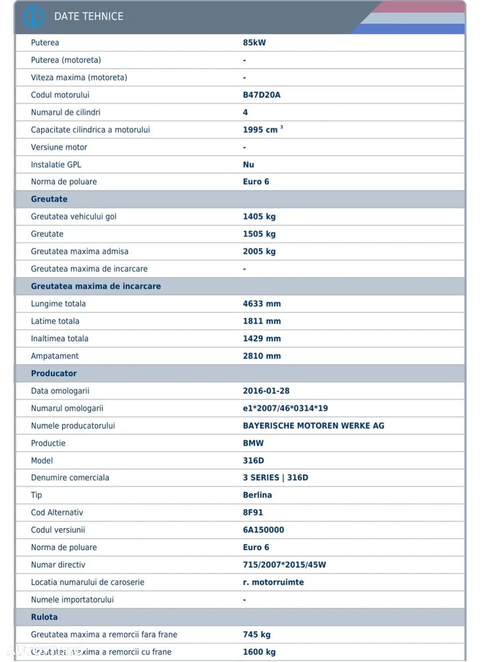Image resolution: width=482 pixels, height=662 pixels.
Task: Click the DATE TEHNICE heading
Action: [x=89, y=17]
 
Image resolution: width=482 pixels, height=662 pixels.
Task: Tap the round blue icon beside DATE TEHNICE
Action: [x=34, y=17]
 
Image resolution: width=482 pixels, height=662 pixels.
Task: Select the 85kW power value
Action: [x=255, y=43]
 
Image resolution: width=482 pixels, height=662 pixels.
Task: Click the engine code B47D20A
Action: [x=262, y=95]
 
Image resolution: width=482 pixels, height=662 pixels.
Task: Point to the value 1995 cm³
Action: [x=262, y=130]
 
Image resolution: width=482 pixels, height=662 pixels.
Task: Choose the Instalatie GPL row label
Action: [x=56, y=164]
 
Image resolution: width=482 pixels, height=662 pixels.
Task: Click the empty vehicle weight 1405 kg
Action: [x=259, y=216]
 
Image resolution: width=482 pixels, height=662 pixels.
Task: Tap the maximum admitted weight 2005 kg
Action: [x=259, y=252]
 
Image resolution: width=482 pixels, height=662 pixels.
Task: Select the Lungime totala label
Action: [x=58, y=304]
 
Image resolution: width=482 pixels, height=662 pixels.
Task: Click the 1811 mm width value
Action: [x=262, y=321]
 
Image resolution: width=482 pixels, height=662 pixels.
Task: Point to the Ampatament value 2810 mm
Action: [x=262, y=356]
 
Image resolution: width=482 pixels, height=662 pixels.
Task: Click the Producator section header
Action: [x=54, y=373]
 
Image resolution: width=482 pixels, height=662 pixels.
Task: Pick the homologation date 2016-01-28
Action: [x=266, y=391]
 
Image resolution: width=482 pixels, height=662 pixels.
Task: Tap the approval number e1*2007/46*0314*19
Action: [x=285, y=408]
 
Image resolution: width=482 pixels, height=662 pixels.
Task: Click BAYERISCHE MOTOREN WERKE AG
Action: [x=313, y=426]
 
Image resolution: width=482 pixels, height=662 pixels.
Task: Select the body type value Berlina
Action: [x=257, y=495]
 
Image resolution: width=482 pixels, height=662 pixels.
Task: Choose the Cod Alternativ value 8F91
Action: [x=254, y=512]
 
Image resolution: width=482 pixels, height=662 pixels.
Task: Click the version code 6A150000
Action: [x=264, y=530]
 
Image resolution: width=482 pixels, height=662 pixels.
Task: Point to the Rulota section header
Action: [x=44, y=617]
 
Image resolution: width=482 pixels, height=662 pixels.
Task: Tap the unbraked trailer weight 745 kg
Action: [x=257, y=634]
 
